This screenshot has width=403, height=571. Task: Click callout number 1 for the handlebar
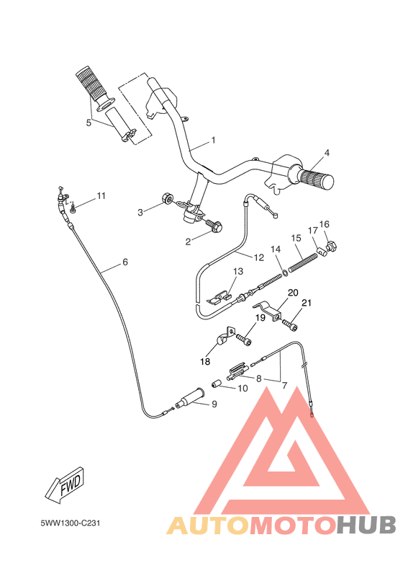(x=213, y=140)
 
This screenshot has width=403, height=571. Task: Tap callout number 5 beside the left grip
(x=89, y=123)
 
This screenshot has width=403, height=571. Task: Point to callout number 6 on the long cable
(x=124, y=262)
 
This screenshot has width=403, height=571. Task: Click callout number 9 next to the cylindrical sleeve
(x=214, y=404)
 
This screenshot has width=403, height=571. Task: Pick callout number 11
(x=101, y=195)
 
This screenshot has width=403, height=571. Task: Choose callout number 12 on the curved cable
(x=260, y=256)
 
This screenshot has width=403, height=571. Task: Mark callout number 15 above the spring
(x=295, y=238)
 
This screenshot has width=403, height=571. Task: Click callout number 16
(x=325, y=224)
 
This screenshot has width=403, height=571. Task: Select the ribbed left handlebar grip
(x=91, y=84)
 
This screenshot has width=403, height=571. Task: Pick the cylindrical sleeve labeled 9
(x=194, y=397)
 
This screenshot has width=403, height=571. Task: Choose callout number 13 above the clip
(x=238, y=272)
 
